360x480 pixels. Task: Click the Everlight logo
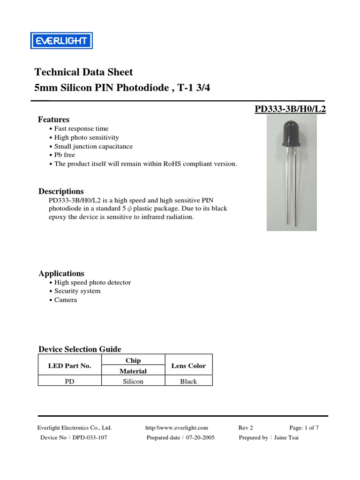62,41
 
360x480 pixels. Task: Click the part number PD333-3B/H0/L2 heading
290,109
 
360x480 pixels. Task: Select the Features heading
53,120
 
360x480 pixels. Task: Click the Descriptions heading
61,191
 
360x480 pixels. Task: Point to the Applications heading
61,273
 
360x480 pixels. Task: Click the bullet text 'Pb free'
65,155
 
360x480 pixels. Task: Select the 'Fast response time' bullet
81,128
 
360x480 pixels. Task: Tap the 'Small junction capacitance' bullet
93,146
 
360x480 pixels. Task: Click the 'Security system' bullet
77,291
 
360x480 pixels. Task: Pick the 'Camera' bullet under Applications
66,300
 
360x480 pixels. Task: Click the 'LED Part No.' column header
69,366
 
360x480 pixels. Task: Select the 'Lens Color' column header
188,366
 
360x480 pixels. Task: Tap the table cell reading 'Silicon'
133,382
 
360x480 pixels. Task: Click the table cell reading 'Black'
188,382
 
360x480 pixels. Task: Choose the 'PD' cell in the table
69,382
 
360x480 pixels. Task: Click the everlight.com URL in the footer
177,427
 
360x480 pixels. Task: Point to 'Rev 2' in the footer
246,427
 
